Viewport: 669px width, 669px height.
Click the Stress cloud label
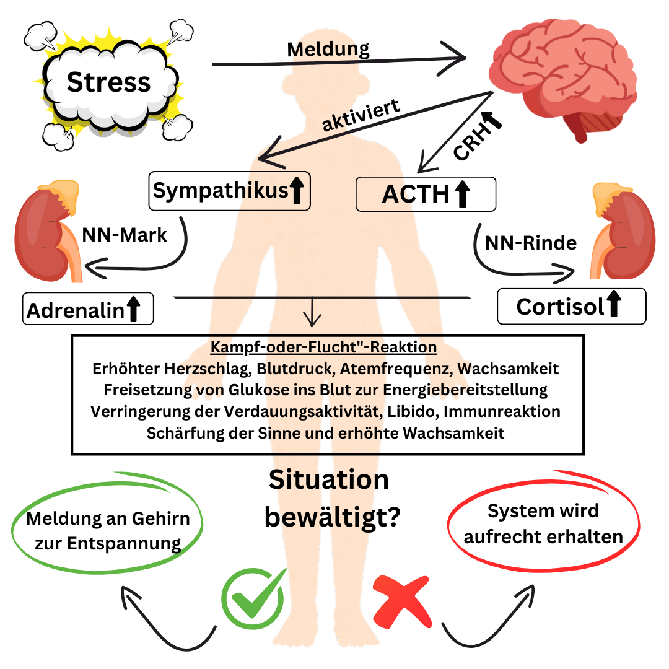coord(108,82)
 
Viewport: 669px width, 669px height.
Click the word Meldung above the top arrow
coord(328,49)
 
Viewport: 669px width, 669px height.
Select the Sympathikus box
coord(229,191)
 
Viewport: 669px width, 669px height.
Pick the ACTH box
coord(426,194)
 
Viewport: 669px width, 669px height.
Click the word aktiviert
coord(361,115)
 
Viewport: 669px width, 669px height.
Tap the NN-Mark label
coord(125,235)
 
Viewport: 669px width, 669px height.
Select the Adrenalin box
coord(87,309)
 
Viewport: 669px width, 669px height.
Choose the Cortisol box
coord(571,307)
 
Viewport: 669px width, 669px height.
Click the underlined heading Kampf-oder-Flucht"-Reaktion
coord(324,348)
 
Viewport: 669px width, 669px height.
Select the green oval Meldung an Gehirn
coord(108,529)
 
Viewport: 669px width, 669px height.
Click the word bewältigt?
coord(331,517)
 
